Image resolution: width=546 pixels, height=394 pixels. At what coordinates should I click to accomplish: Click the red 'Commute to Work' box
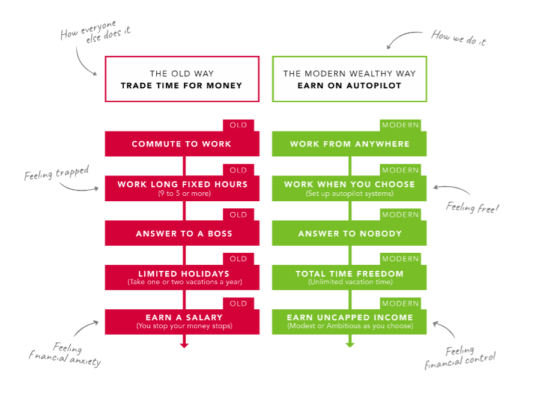[x=181, y=144]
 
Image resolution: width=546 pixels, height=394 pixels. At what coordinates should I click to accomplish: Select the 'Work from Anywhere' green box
[x=349, y=144]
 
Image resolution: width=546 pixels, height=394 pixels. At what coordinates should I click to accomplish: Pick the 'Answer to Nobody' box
[x=350, y=234]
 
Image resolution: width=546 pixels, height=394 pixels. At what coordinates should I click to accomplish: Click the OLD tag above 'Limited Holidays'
[x=238, y=259]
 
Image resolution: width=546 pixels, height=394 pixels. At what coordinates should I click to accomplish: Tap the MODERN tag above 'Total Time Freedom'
[x=401, y=259]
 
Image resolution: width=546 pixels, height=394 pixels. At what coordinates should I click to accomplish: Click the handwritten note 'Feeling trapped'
[x=56, y=174]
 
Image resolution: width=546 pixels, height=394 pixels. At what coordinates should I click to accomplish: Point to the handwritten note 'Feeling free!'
[x=473, y=208]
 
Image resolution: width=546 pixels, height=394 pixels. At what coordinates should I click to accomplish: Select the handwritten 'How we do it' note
[x=458, y=38]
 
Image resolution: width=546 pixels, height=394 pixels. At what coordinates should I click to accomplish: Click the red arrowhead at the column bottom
[x=184, y=345]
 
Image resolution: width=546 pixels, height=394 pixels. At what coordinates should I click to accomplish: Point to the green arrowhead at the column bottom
[x=350, y=345]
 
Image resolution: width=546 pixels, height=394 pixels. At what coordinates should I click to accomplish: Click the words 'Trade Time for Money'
[x=181, y=86]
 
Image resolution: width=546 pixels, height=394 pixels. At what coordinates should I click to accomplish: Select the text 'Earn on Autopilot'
[x=349, y=86]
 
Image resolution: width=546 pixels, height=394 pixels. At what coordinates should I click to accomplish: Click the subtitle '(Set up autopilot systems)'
[x=350, y=193]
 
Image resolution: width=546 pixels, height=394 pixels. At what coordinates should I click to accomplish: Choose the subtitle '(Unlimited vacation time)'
[x=350, y=282]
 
